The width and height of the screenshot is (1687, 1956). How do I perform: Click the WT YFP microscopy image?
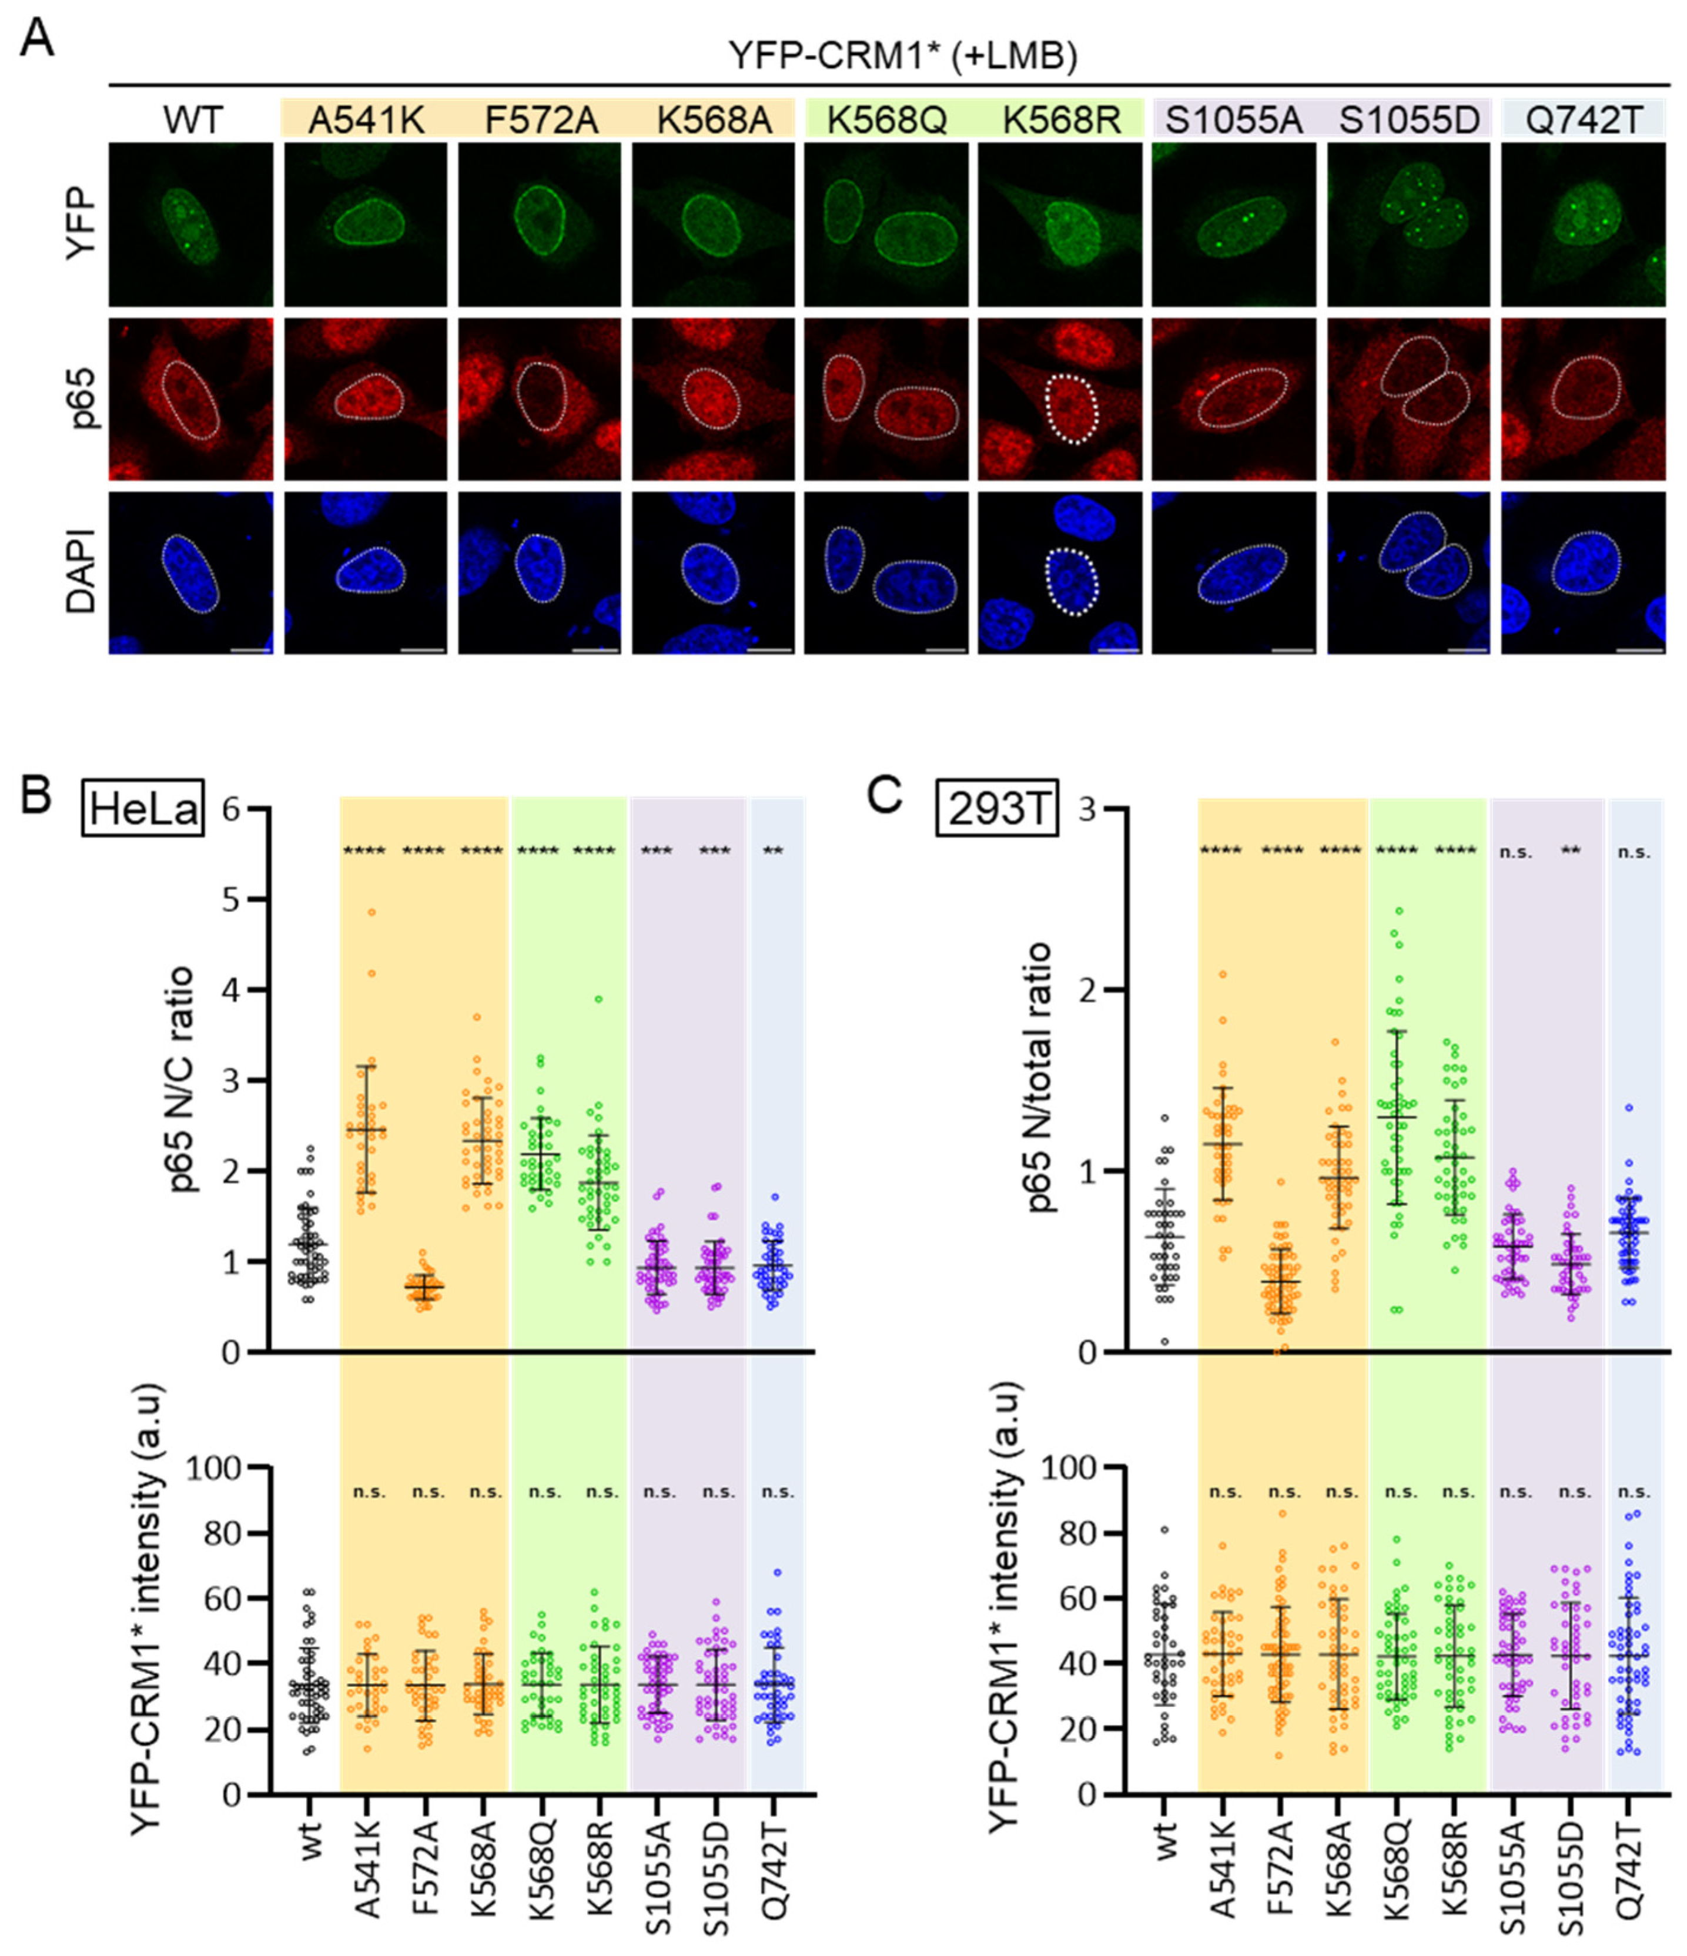click(x=190, y=225)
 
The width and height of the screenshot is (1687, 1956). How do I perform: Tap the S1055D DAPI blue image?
click(x=1408, y=572)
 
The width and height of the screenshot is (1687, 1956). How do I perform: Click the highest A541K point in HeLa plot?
click(x=372, y=913)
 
